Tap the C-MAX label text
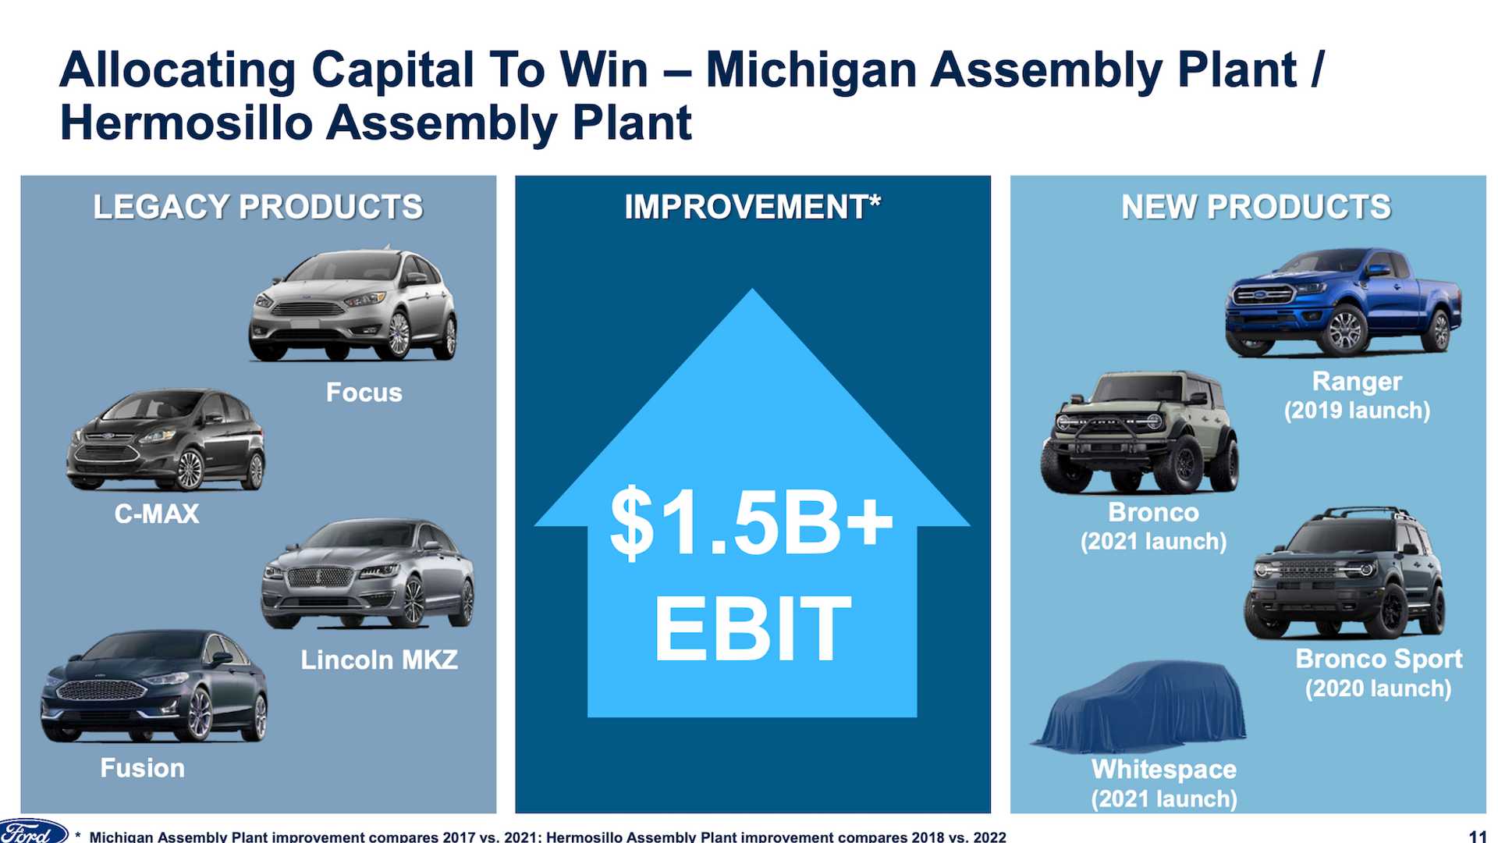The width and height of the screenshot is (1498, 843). pos(157,514)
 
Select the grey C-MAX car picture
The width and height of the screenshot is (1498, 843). pos(165,440)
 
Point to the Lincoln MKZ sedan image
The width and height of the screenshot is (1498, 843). pos(367,574)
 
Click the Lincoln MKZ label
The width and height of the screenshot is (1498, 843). pos(379,660)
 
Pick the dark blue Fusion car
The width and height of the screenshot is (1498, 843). pos(154,687)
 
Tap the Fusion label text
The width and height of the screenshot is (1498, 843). pos(143,768)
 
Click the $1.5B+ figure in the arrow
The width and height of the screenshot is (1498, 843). pos(751,521)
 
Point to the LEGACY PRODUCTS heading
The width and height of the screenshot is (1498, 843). pos(258,207)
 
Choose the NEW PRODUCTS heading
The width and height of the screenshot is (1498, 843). pos(1256,207)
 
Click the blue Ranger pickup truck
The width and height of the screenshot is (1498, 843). pos(1343,303)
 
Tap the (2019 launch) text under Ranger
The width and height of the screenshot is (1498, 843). pos(1358,411)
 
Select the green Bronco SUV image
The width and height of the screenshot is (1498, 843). pos(1140,432)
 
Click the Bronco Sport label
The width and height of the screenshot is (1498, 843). pos(1379,659)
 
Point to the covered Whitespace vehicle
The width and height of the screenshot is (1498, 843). pos(1140,705)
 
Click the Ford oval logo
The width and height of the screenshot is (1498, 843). pos(33,831)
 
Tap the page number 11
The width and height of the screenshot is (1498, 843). pos(1477,836)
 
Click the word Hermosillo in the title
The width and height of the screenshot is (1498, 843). pos(186,123)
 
